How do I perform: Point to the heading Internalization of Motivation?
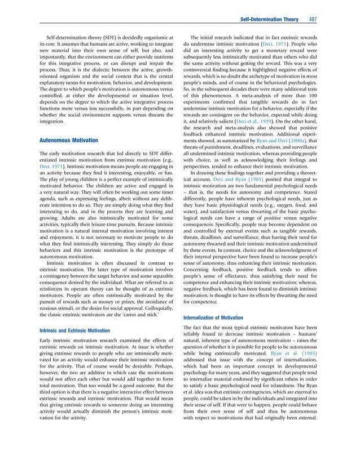tap(219, 318)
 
